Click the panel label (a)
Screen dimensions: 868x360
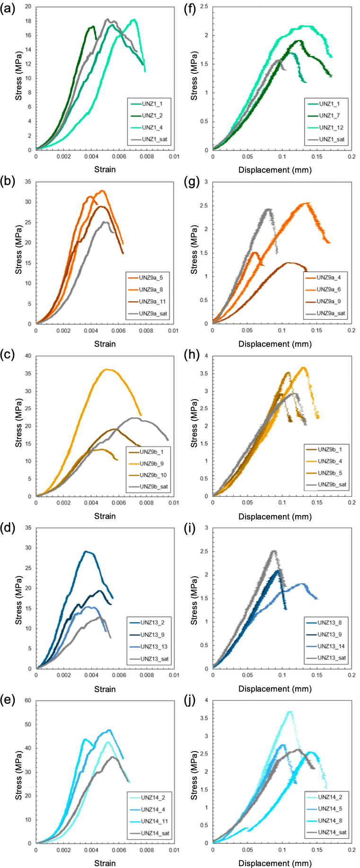pyautogui.click(x=8, y=9)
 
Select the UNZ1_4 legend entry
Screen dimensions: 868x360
pyautogui.click(x=152, y=128)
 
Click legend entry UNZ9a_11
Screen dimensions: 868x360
pyautogui.click(x=152, y=302)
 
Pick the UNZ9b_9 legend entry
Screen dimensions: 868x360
pyautogui.click(x=151, y=464)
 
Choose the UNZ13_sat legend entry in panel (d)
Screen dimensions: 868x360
pyautogui.click(x=154, y=659)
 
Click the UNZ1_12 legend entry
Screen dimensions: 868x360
pyautogui.click(x=331, y=128)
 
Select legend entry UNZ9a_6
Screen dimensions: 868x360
pyautogui.click(x=328, y=289)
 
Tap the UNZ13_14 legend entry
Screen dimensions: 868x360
pyautogui.click(x=331, y=646)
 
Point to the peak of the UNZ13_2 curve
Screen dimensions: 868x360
pyautogui.click(x=86, y=551)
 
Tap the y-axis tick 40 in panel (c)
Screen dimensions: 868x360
pyautogui.click(x=28, y=356)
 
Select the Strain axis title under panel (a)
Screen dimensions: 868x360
pyautogui.click(x=105, y=169)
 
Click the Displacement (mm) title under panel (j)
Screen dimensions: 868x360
pyautogui.click(x=275, y=863)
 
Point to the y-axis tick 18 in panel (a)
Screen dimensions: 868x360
pyautogui.click(x=28, y=21)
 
